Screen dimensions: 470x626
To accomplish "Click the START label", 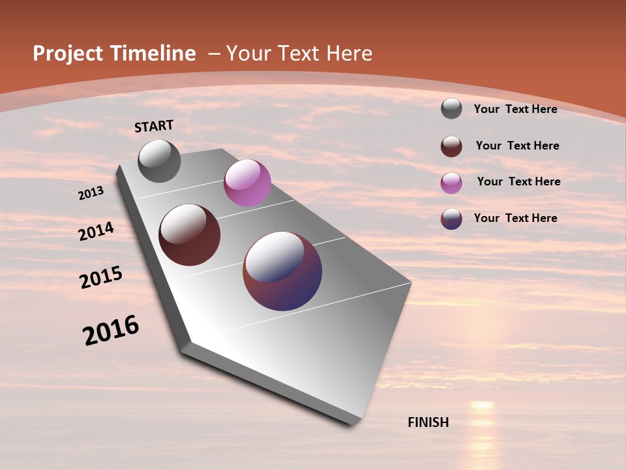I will coord(154,126).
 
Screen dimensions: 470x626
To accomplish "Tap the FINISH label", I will coord(428,422).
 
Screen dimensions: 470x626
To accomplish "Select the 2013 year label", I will coord(91,193).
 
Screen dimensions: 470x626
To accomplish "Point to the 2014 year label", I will coord(97,231).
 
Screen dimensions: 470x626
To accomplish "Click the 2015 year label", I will coord(101,277).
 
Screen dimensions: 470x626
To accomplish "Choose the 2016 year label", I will coord(111,330).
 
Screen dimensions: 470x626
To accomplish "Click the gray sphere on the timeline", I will coord(159,161).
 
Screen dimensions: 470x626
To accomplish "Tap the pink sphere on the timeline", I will coord(247,183).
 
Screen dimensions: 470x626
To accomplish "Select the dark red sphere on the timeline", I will coord(190,235).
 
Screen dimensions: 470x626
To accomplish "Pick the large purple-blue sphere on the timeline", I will coord(282,271).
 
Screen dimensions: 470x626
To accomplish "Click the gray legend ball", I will coord(451,109).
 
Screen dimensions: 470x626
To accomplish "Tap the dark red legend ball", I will coord(451,146).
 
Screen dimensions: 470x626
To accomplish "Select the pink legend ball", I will coord(451,183).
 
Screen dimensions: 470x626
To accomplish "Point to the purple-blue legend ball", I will coord(451,219).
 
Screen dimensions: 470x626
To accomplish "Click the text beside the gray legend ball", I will coord(515,109).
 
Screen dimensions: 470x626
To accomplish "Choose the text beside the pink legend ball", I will coord(518,181).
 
